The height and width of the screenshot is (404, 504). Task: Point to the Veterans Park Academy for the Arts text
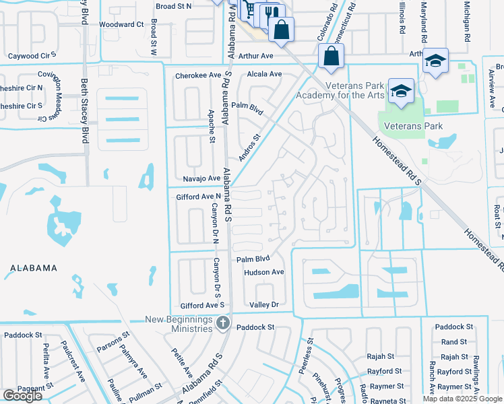[354, 90]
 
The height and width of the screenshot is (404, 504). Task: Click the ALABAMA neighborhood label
[34, 268]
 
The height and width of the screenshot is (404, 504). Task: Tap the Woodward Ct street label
[121, 24]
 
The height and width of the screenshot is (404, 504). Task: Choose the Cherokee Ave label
[198, 76]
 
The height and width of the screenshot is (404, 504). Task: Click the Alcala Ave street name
[264, 74]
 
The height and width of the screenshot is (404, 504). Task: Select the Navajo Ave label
[201, 179]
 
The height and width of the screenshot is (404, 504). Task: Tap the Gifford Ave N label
[198, 197]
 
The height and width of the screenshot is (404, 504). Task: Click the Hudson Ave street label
[264, 272]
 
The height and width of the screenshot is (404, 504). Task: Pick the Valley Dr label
[263, 305]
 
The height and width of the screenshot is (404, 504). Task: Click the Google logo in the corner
[22, 396]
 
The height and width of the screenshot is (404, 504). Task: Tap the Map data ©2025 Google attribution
[462, 399]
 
